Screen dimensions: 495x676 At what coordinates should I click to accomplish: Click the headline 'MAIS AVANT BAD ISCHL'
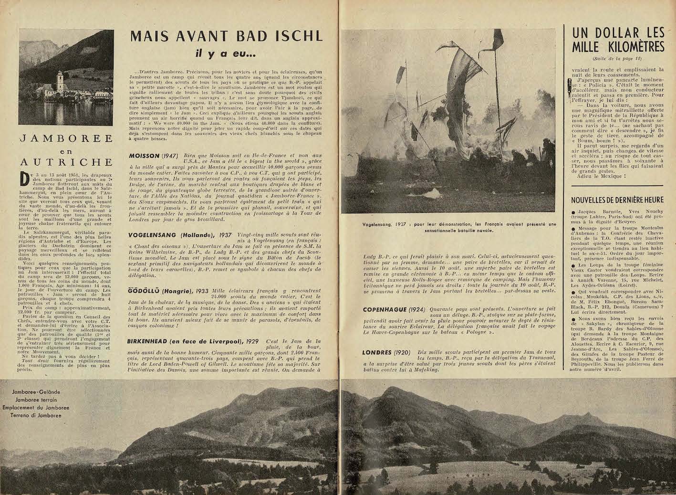coord(226,36)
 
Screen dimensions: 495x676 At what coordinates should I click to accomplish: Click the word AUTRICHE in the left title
coord(66,161)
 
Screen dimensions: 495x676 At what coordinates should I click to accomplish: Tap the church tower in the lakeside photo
coord(59,79)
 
